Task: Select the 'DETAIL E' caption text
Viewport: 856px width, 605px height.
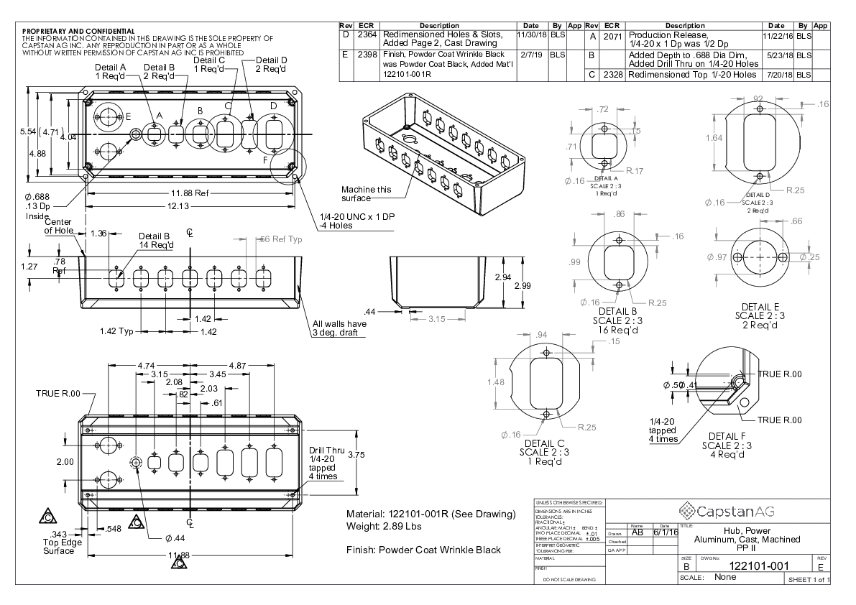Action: tap(760, 307)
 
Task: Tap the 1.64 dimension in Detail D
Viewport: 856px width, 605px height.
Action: tap(714, 138)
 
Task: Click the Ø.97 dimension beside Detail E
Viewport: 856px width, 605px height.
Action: tap(718, 257)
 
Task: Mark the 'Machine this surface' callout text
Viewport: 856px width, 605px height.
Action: tap(367, 194)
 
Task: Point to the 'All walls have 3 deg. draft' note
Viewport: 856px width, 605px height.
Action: tap(339, 328)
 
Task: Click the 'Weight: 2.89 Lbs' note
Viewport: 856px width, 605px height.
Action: tap(384, 527)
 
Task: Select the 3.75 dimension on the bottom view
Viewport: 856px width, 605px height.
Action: tap(356, 455)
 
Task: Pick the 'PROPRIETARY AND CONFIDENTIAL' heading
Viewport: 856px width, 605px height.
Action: tap(78, 32)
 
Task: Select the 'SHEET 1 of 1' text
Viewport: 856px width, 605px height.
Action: tap(809, 580)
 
